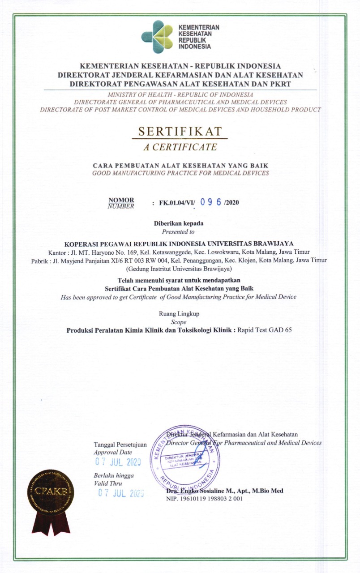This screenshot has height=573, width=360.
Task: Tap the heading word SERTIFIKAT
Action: point(180,132)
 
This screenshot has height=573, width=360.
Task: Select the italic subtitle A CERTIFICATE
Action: point(180,146)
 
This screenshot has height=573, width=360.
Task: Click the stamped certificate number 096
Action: point(211,202)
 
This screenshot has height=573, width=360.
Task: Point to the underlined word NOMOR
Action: point(121,200)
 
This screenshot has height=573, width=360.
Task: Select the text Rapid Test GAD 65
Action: point(264,331)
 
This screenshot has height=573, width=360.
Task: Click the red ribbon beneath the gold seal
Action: point(50,524)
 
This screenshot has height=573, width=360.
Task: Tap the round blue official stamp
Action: point(184,458)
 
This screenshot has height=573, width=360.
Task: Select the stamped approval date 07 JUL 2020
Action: point(118,462)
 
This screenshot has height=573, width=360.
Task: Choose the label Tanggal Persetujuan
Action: point(120,445)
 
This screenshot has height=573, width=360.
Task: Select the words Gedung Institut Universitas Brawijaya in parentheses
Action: point(179,269)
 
